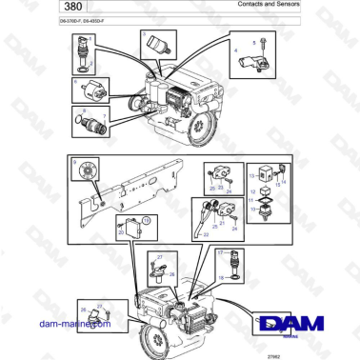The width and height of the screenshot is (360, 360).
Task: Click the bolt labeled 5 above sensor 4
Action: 258,44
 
